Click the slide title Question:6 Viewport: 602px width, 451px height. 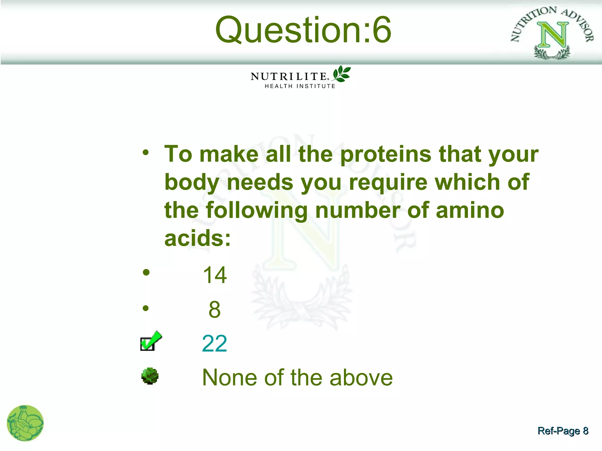[303, 30]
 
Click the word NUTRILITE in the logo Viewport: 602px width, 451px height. [289, 77]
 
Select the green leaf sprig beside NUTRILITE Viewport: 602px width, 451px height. [341, 74]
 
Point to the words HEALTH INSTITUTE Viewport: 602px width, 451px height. [300, 86]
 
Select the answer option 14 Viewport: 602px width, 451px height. [215, 275]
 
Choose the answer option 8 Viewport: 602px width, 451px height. [215, 309]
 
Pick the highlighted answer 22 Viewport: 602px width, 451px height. [215, 344]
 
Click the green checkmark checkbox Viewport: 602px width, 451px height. [150, 341]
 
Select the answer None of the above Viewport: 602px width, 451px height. [297, 378]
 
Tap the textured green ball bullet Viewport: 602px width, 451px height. [150, 376]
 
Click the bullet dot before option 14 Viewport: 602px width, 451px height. [146, 272]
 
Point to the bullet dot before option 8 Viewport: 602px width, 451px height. [146, 308]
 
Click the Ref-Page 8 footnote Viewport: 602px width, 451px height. [563, 431]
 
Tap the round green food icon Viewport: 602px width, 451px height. [25, 423]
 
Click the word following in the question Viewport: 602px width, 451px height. [257, 210]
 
